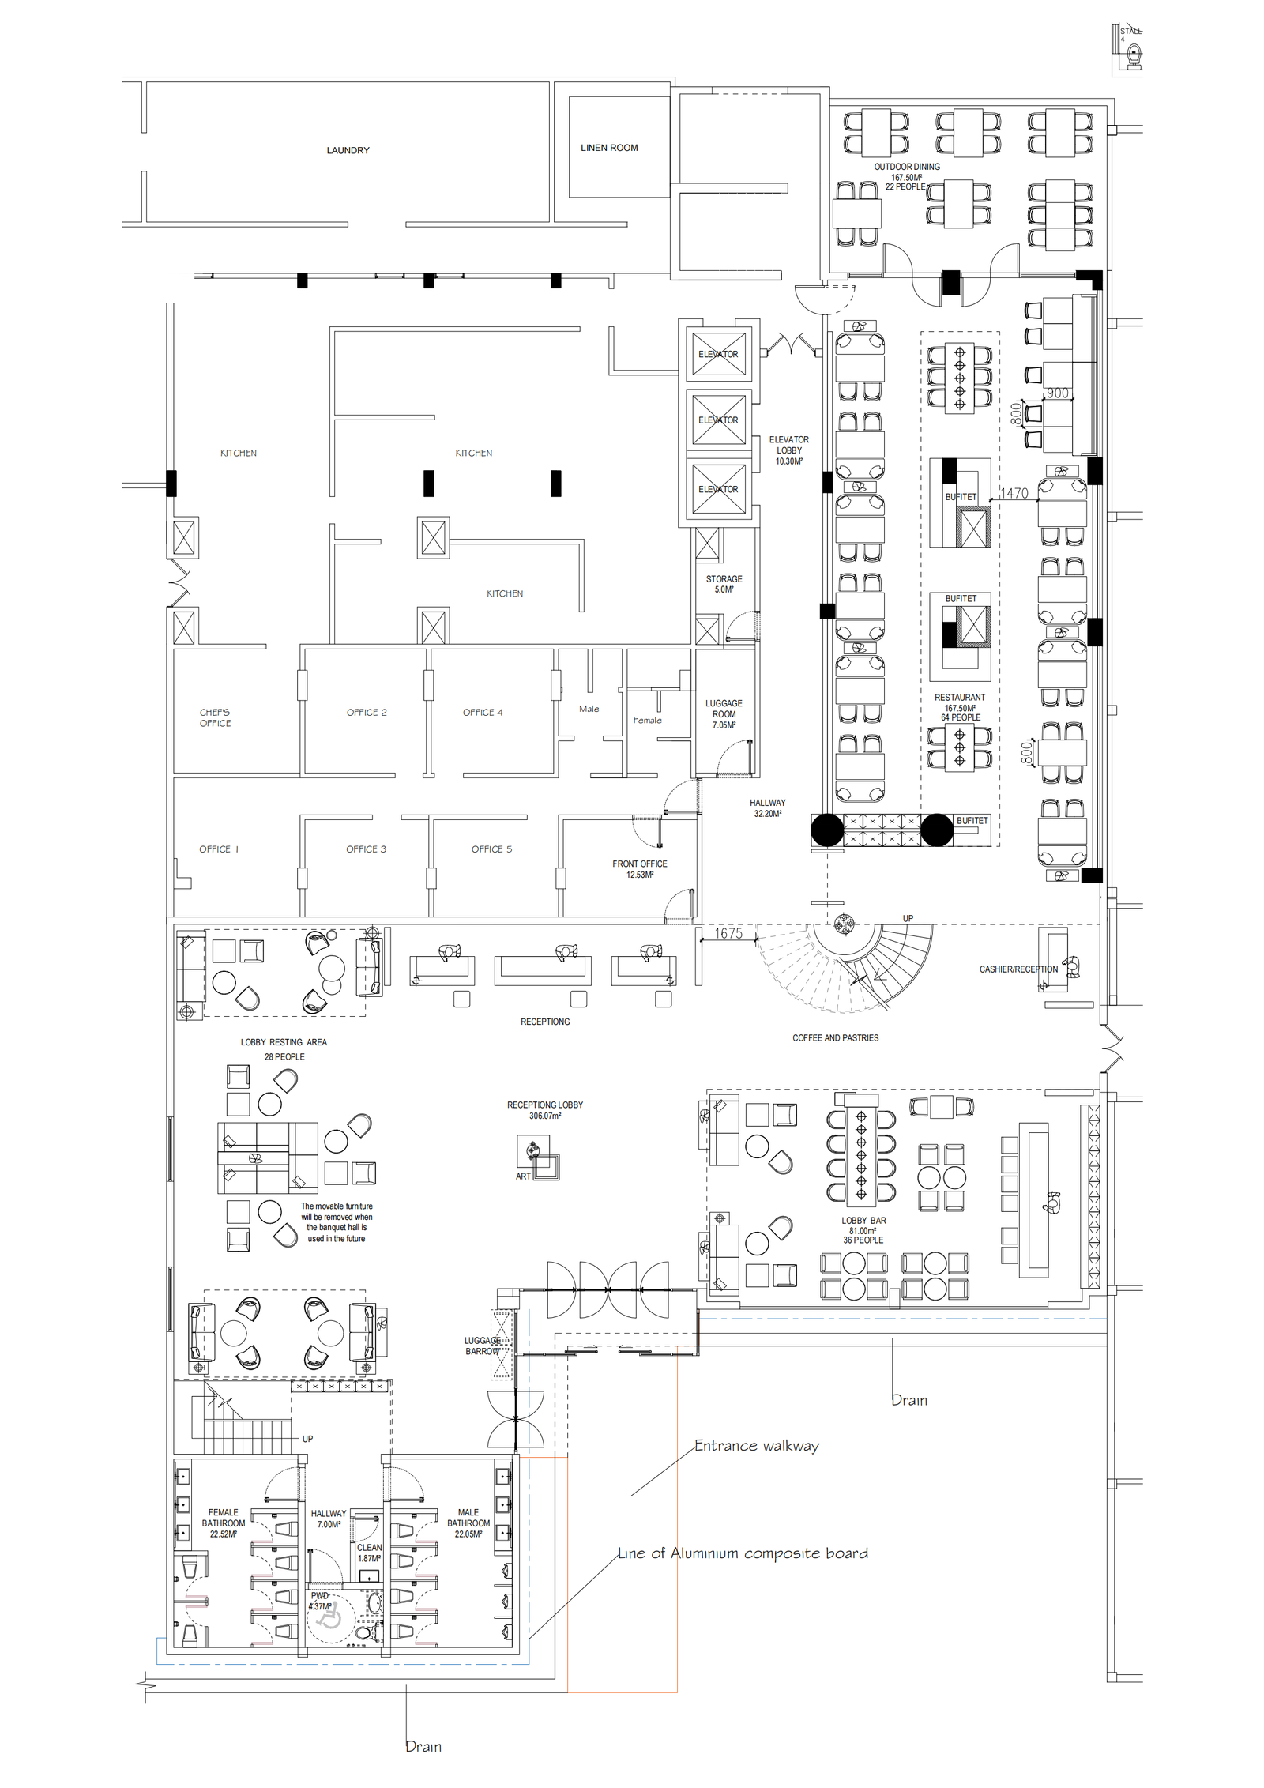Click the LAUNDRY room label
tap(348, 150)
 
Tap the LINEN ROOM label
tap(609, 148)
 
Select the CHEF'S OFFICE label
tap(215, 717)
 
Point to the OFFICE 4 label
tap(483, 713)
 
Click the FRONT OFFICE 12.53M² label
tap(639, 869)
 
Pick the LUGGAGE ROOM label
tap(724, 709)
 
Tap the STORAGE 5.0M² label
tap(724, 584)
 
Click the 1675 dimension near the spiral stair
tap(728, 933)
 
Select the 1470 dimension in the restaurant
tap(1014, 493)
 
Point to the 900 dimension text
tap(1057, 393)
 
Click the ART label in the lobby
tap(523, 1176)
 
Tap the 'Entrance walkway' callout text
tap(757, 1446)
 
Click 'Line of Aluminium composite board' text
tap(743, 1553)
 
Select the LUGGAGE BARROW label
tap(482, 1346)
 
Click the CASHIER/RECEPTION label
tap(1018, 969)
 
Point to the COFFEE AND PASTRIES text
tap(835, 1038)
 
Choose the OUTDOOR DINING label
tap(906, 167)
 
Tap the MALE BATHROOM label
tap(468, 1518)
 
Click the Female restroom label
tap(647, 721)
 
